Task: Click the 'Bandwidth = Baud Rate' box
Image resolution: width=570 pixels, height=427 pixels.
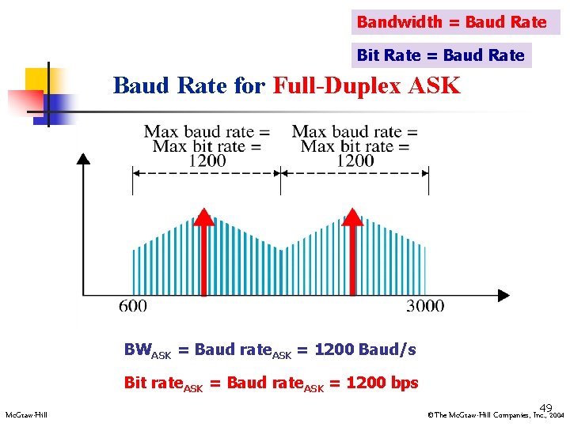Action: pyautogui.click(x=452, y=22)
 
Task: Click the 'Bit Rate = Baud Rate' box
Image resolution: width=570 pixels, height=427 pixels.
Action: pyautogui.click(x=441, y=55)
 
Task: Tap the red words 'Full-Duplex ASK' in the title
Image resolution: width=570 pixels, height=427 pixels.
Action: pyautogui.click(x=366, y=85)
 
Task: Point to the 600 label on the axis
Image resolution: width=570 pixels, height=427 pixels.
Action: pyautogui.click(x=133, y=306)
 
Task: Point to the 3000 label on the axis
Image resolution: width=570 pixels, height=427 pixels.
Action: pyautogui.click(x=425, y=306)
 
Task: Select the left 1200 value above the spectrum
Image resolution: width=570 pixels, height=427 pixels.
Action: pyautogui.click(x=207, y=161)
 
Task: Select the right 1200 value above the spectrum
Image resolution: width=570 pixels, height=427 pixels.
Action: pyautogui.click(x=355, y=161)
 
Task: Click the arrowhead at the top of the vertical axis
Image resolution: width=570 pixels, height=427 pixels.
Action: pyautogui.click(x=83, y=157)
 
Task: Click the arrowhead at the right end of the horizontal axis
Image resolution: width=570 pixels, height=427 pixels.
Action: pyautogui.click(x=503, y=296)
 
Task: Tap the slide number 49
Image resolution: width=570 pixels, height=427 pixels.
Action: pyautogui.click(x=545, y=407)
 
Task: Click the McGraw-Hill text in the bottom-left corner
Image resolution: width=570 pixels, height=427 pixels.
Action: pyautogui.click(x=26, y=415)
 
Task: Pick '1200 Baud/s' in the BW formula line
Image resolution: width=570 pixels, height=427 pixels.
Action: pyautogui.click(x=365, y=350)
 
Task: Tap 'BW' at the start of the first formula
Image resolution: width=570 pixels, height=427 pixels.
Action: pyautogui.click(x=136, y=350)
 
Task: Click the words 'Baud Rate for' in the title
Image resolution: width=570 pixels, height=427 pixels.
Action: pyautogui.click(x=189, y=85)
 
